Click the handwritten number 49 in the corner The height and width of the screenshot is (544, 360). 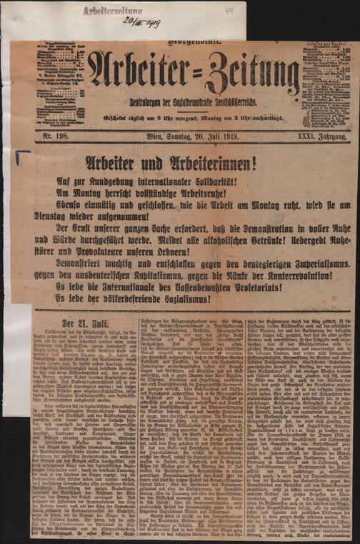click(229, 11)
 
